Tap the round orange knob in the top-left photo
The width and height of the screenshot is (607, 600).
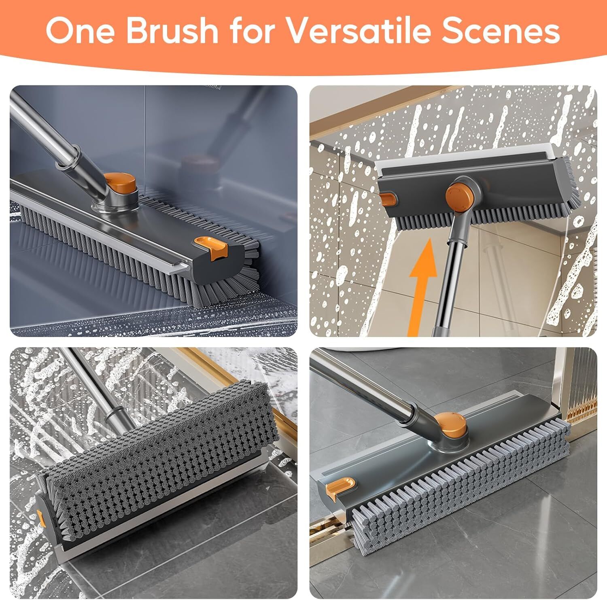pos(120,183)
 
